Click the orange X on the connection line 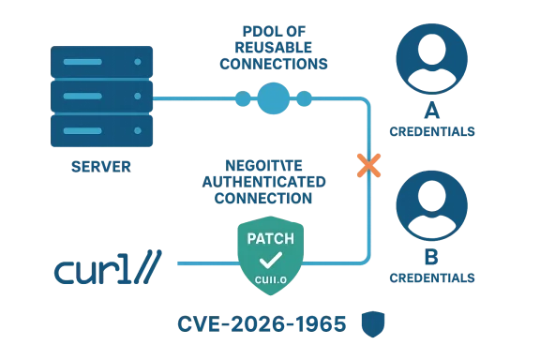click(367, 166)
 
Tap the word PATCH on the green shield click(270, 238)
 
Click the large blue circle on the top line click(273, 97)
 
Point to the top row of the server click(98, 62)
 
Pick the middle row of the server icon click(98, 96)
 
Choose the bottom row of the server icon click(98, 128)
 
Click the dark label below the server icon click(100, 166)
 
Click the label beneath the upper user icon click(432, 131)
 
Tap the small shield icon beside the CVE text click(378, 322)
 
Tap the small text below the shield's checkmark click(270, 278)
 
